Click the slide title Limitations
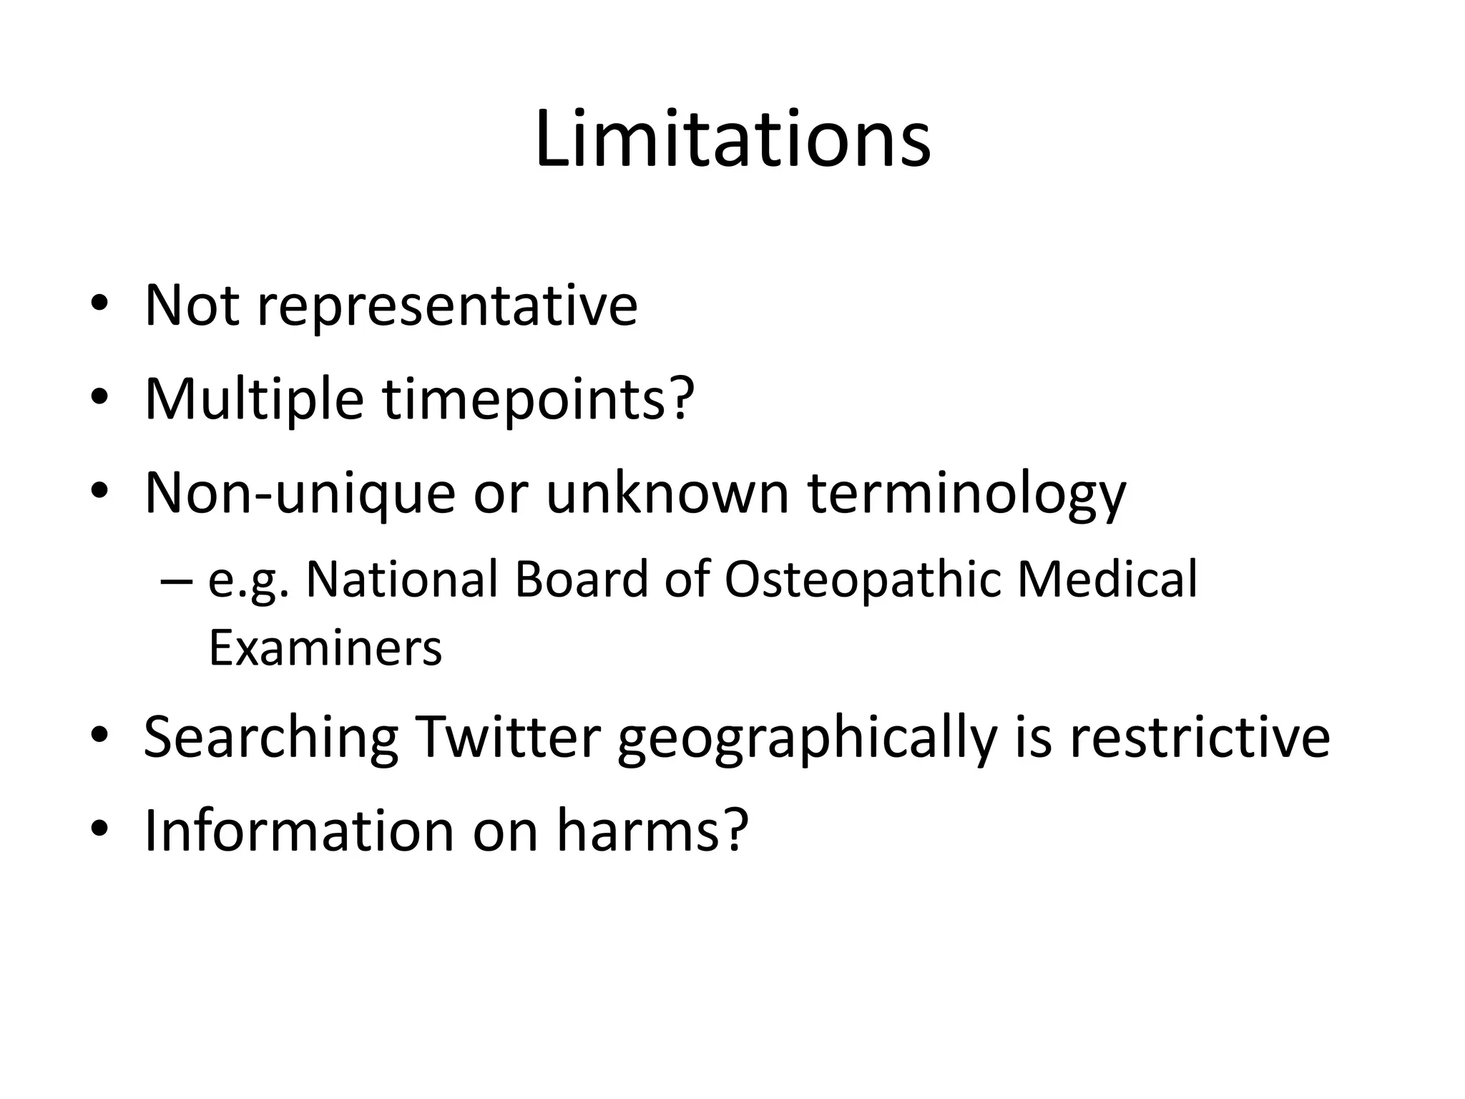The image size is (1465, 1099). coord(732,140)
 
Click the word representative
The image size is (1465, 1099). coord(447,306)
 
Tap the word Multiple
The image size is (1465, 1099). coord(254,399)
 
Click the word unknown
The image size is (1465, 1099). coord(667,494)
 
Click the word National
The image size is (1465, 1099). coord(402,580)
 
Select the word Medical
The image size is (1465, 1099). coord(1107,580)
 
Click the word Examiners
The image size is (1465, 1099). coord(325,648)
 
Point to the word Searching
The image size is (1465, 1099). coord(271,738)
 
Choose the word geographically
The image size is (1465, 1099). coord(807,738)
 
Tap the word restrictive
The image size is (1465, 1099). coord(1200,737)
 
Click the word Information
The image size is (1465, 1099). coord(300,831)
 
